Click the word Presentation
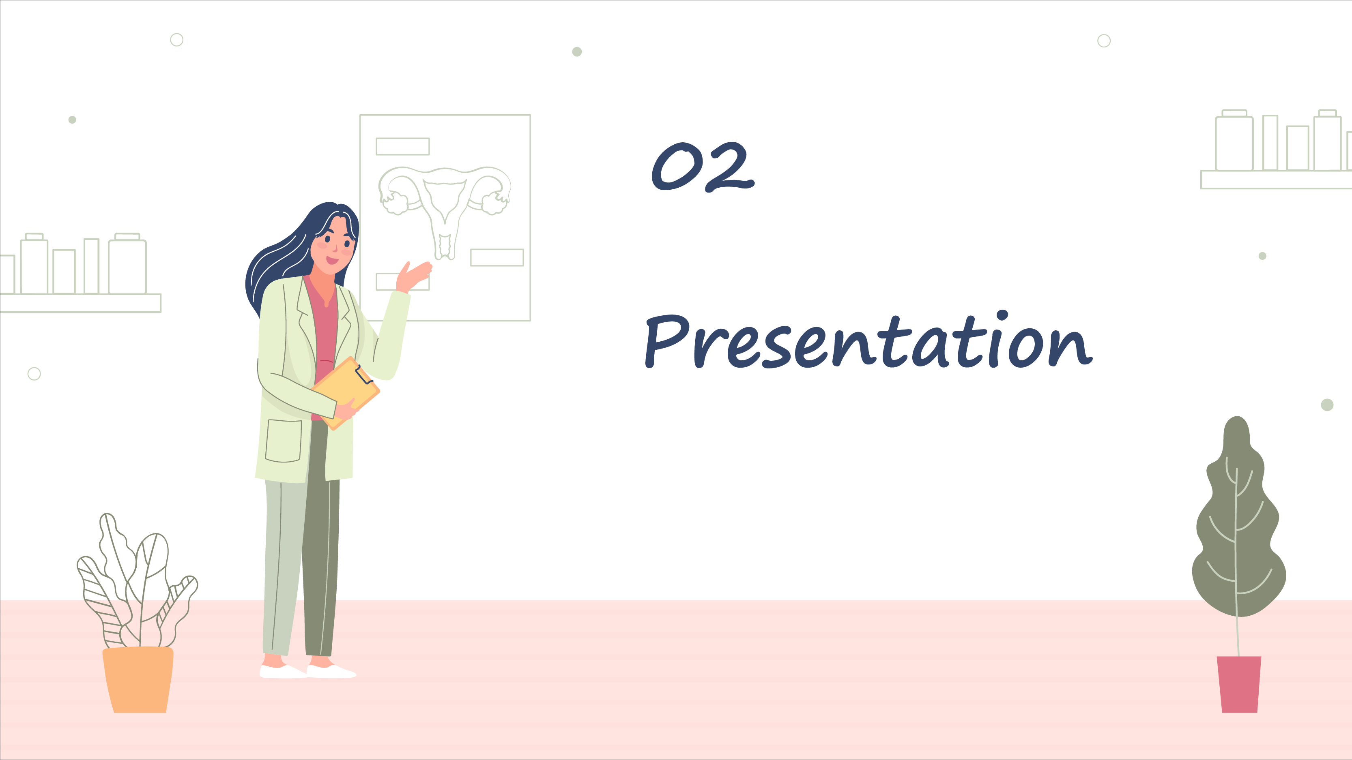(868, 340)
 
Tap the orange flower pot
(138, 679)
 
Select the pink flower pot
(1239, 684)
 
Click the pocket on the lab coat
(284, 441)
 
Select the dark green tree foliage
(1239, 519)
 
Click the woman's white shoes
(307, 671)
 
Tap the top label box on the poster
(402, 146)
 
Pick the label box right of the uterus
(497, 257)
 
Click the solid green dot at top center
(577, 51)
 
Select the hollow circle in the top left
(177, 40)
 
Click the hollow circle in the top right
(1104, 41)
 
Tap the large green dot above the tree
(1327, 405)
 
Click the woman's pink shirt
(325, 336)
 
